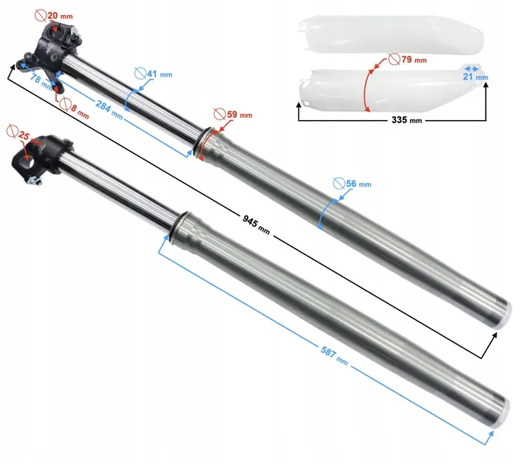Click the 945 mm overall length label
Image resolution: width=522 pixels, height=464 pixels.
(256, 224)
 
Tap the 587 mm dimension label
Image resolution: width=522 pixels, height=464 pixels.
(334, 355)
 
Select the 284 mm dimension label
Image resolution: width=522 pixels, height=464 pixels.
(110, 110)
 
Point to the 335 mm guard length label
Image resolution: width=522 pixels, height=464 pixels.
(406, 119)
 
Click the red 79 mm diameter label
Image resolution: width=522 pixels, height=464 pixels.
(408, 59)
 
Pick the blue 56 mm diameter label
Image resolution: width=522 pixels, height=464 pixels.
(352, 184)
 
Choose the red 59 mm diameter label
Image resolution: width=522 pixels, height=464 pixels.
(233, 115)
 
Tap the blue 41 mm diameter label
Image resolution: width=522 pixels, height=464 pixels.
(154, 74)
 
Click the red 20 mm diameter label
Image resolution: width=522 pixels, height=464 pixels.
(54, 15)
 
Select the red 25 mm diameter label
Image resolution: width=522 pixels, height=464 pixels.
(24, 135)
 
